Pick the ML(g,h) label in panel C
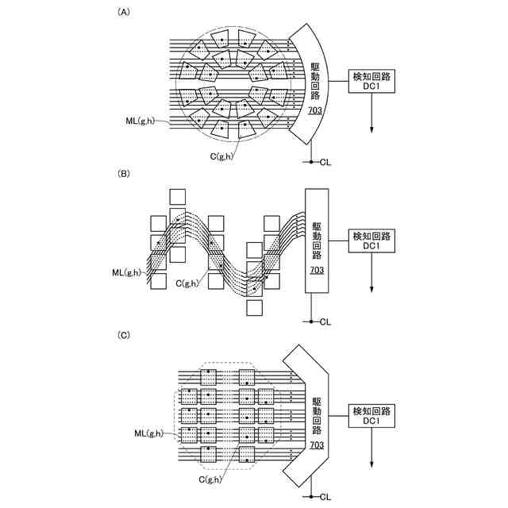(x=148, y=433)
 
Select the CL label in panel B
(x=325, y=321)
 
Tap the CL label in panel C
(x=325, y=497)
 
